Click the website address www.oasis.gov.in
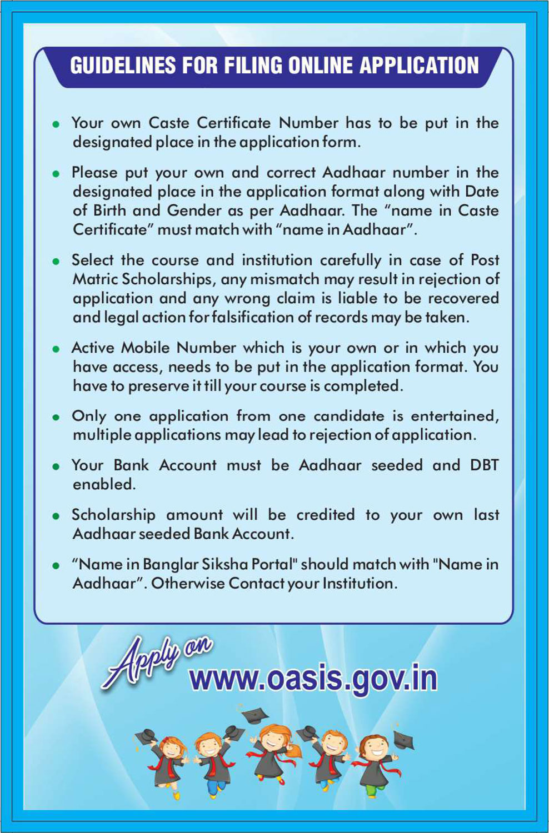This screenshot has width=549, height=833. pos(313,679)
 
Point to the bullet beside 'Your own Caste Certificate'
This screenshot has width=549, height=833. pos(56,125)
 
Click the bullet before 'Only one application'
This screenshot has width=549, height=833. pos(56,418)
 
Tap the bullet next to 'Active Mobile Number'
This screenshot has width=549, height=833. pos(56,349)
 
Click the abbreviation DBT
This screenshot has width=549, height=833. pos(484,465)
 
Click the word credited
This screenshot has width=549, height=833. pos(325,515)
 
